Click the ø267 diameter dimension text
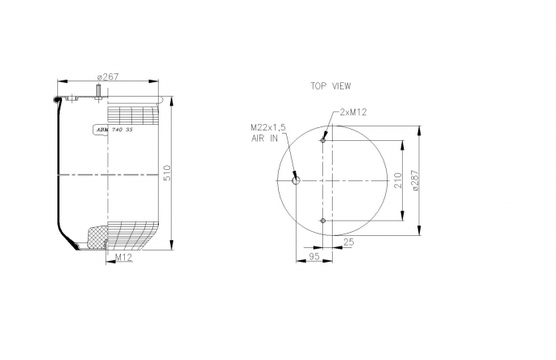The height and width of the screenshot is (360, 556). [108, 77]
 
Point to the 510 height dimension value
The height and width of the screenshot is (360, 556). [167, 172]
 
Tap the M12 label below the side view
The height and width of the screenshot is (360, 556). [124, 258]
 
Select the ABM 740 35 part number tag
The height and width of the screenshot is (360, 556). [114, 130]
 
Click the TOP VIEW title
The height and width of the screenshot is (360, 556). [330, 86]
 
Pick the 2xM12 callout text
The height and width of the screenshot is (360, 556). [353, 112]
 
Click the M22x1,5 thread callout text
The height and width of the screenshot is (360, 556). [268, 127]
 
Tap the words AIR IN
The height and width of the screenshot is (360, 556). [264, 139]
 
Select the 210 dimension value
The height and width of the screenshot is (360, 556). [398, 180]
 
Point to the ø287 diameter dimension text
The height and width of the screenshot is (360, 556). [415, 180]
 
